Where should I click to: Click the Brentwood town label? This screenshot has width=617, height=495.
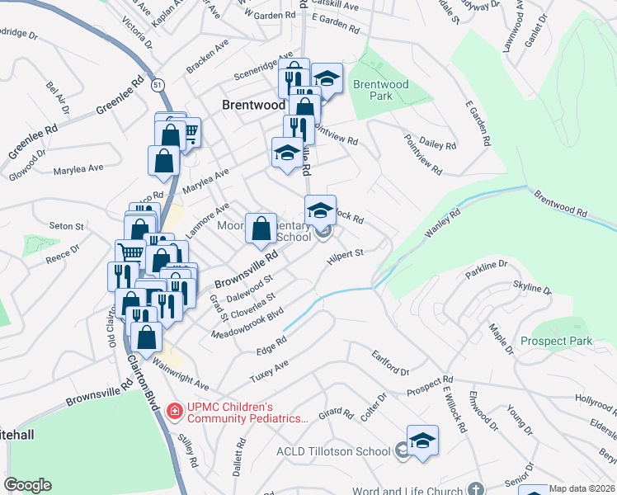click(254, 105)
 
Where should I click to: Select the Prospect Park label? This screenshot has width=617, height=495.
click(556, 341)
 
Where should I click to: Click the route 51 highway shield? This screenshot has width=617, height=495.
click(158, 84)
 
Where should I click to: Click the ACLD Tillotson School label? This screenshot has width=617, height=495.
click(333, 451)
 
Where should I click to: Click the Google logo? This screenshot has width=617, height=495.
click(28, 485)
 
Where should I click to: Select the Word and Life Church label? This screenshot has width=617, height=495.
click(408, 491)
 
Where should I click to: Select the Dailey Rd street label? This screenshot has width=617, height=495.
click(438, 144)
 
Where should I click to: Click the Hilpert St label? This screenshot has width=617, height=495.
click(345, 258)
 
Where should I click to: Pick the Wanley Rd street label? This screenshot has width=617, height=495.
click(443, 224)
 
